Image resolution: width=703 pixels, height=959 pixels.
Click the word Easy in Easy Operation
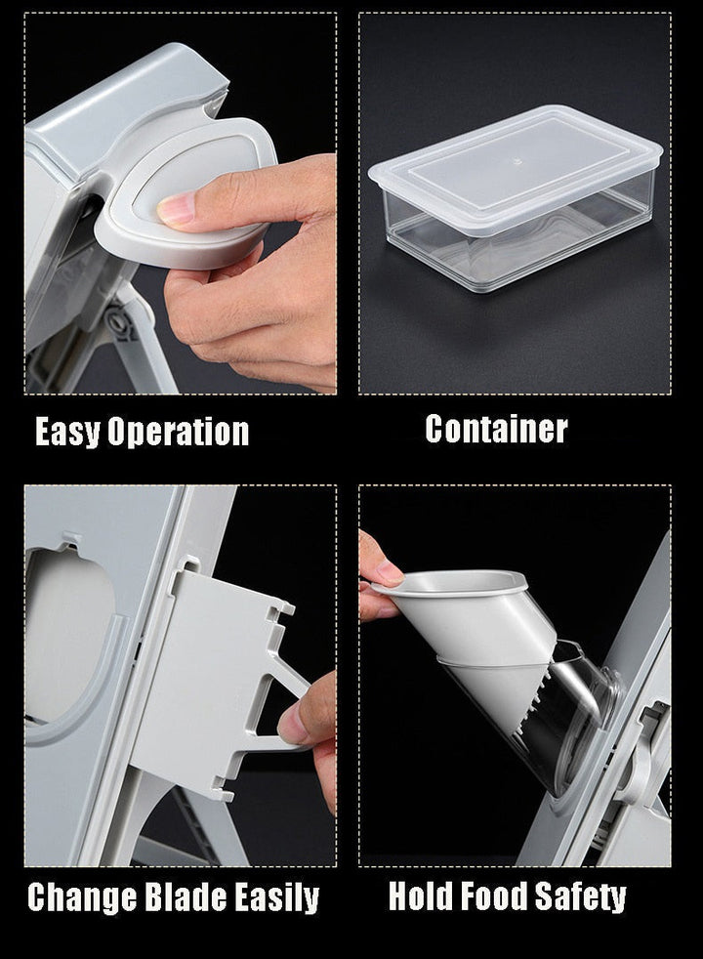tap(66, 433)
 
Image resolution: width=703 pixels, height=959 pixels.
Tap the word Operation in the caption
tap(179, 433)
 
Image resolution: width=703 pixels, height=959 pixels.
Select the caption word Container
tap(496, 429)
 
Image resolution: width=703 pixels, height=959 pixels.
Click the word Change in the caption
tap(83, 897)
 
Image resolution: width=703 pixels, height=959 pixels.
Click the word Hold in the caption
tap(421, 896)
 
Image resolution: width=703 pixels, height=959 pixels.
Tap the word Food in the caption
tap(494, 896)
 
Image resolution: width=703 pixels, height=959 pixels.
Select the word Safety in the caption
tap(580, 897)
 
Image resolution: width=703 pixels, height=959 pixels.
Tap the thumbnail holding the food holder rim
tap(390, 571)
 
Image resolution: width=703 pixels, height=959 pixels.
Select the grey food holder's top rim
tap(449, 584)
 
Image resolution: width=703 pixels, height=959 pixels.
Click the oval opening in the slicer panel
tap(67, 636)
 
